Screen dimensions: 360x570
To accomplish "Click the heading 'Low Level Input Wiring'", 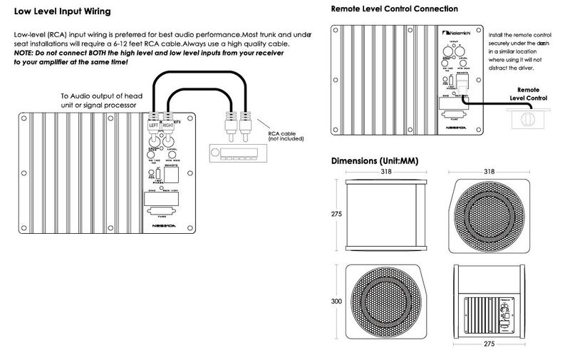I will pyautogui.click(x=62, y=11).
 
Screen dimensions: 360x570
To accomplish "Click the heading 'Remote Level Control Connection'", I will pyautogui.click(x=395, y=9).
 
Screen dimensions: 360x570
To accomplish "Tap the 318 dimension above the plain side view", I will pyautogui.click(x=385, y=172).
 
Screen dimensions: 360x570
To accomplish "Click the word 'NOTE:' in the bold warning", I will pyautogui.click(x=26, y=53).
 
